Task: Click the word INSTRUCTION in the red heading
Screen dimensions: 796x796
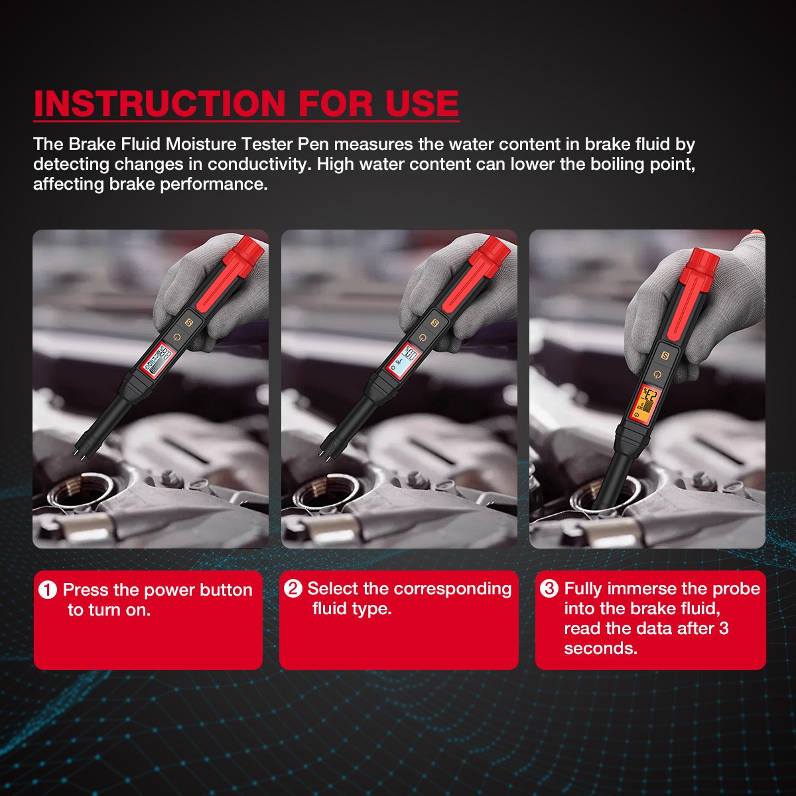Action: tap(159, 103)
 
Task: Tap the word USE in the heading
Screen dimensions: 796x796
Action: tap(422, 103)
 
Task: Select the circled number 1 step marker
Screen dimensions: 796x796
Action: tap(48, 590)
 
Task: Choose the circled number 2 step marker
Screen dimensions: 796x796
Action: tap(293, 588)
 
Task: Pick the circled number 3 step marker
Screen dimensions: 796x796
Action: tap(549, 588)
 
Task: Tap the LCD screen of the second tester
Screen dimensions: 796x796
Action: tap(403, 360)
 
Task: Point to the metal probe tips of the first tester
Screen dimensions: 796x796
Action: tap(82, 450)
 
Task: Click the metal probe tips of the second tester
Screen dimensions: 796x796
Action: tap(328, 450)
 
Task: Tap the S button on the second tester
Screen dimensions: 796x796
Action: tap(434, 323)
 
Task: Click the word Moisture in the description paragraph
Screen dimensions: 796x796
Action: tap(201, 145)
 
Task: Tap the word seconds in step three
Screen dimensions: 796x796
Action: tap(600, 649)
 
